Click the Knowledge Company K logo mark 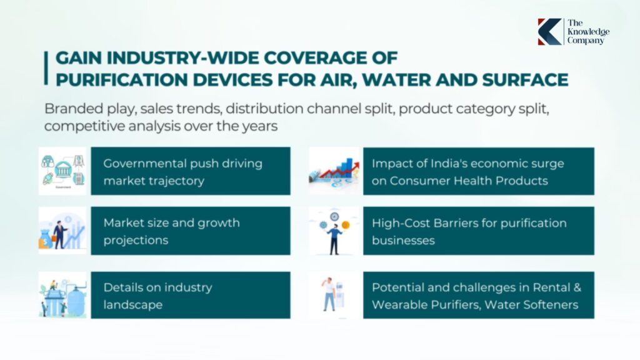(549, 31)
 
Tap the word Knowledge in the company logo (588, 31)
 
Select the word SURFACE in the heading (525, 79)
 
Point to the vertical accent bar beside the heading (46, 67)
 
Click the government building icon (62, 171)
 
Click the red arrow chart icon (334, 171)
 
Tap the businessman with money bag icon (62, 231)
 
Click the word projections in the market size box (136, 240)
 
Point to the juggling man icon (334, 231)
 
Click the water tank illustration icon (62, 295)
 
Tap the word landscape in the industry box (132, 304)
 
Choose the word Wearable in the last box (397, 304)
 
